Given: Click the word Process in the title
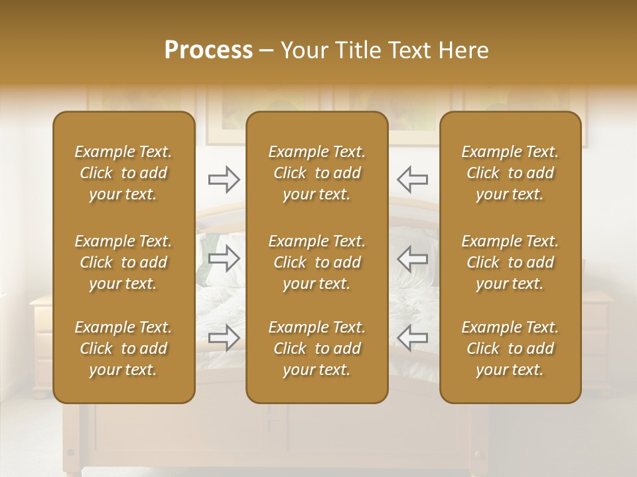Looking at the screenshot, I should [208, 50].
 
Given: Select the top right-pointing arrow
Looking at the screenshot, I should [224, 179].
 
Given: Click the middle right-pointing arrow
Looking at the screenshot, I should [224, 258].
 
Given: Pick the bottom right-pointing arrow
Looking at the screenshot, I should [224, 338].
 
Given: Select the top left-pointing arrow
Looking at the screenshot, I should [412, 179].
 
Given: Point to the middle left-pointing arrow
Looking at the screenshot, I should [412, 258].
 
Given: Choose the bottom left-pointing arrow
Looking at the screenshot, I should [412, 338].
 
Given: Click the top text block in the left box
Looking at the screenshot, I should [123, 173].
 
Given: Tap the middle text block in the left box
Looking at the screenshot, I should [123, 262].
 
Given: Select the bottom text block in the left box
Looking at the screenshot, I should [123, 348].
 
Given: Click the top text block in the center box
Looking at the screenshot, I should [317, 173].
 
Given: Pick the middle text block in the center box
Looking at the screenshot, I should [317, 262].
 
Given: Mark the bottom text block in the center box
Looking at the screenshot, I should [317, 348].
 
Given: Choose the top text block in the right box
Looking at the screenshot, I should [510, 173].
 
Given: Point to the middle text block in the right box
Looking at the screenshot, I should [510, 262].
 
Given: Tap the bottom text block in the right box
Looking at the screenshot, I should [510, 348].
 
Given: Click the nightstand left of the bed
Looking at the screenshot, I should [41, 344].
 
